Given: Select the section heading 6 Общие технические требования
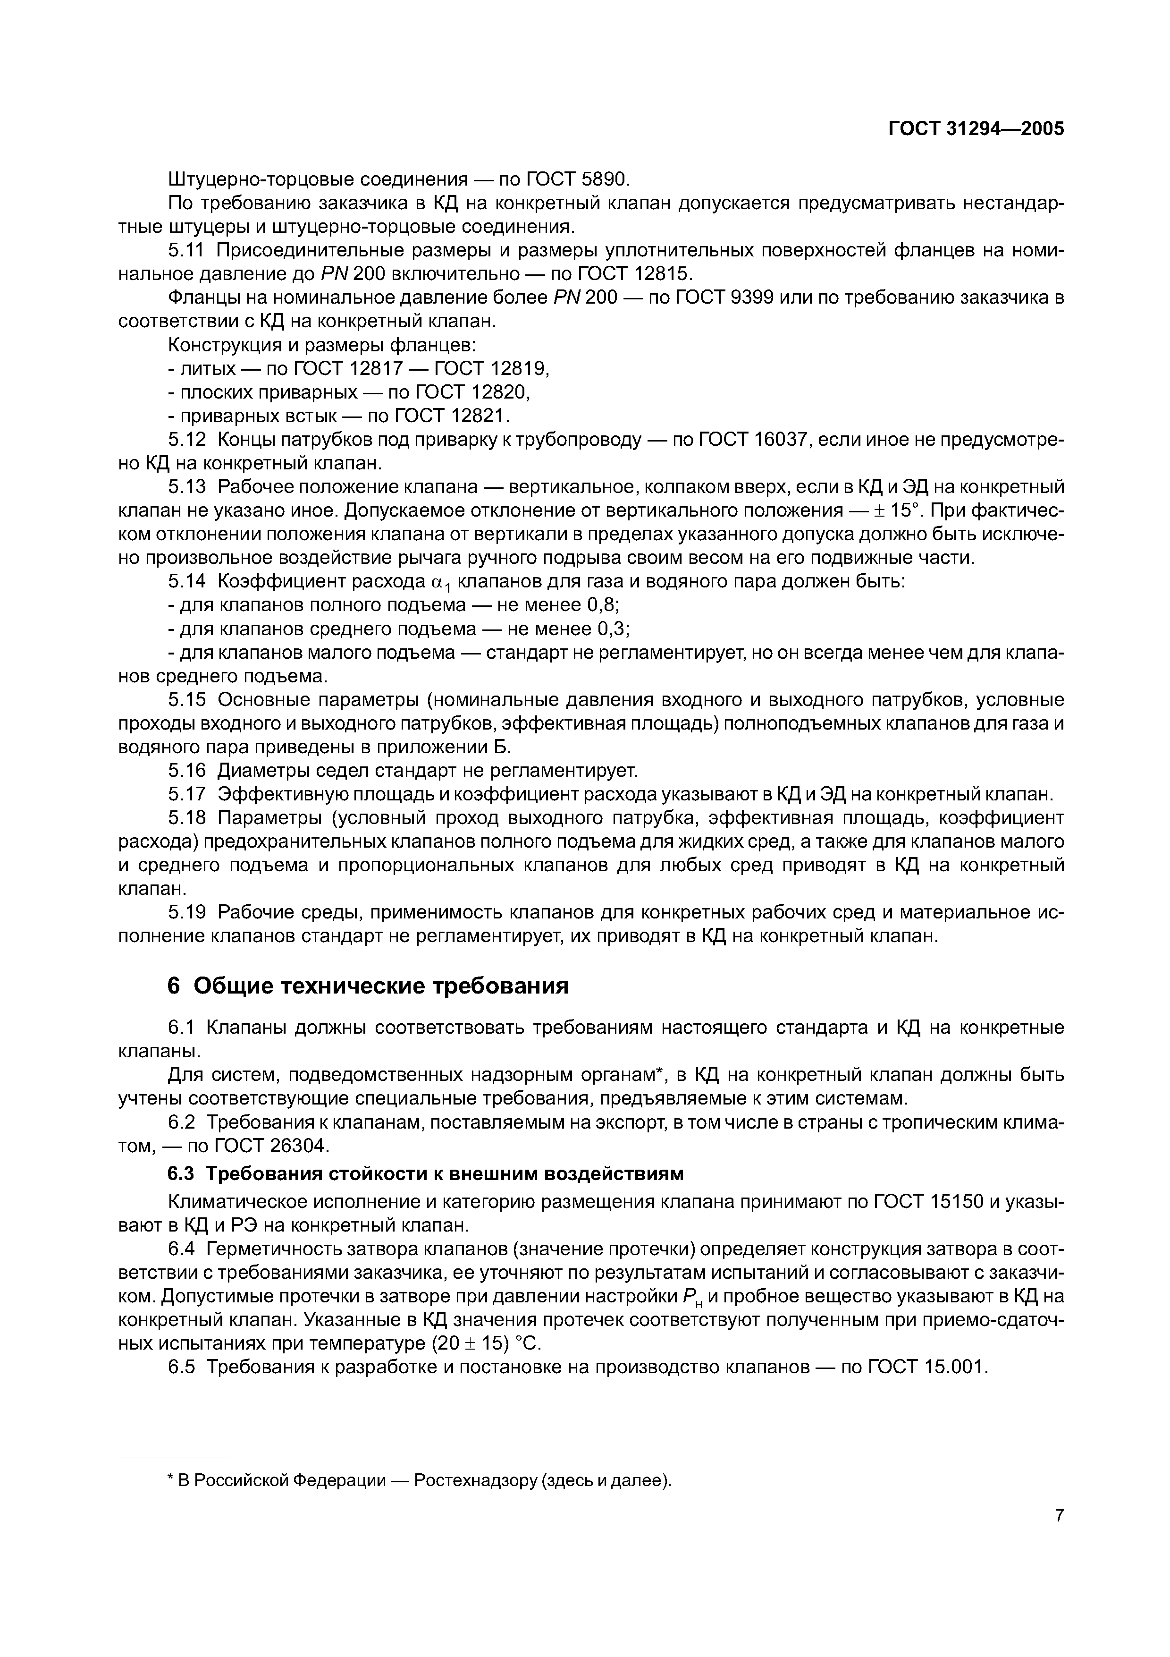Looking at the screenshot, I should point(367,986).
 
